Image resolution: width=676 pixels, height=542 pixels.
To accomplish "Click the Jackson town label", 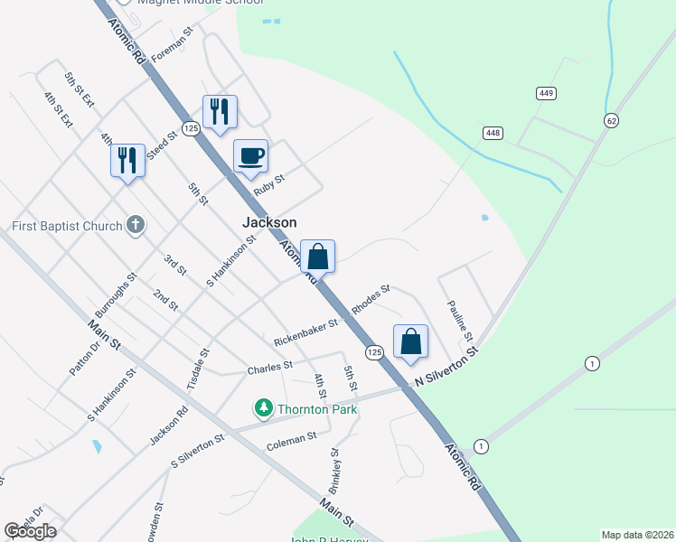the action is click(269, 222).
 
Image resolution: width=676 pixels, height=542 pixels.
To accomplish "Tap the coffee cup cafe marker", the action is click(251, 156).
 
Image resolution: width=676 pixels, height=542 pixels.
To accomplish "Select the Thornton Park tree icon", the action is click(263, 409).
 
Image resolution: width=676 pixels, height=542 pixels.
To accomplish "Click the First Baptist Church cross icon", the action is click(136, 225).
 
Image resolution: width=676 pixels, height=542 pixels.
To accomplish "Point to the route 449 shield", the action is click(546, 93).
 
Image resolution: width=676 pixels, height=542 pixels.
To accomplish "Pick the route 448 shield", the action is click(493, 133).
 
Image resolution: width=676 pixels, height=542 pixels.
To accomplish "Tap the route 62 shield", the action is click(612, 120).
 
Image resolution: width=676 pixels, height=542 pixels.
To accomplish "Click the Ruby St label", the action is click(269, 183).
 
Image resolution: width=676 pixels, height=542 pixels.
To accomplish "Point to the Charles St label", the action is click(270, 367).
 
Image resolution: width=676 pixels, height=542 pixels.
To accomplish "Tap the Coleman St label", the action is click(292, 437).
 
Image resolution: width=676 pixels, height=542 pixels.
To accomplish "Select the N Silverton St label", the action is click(446, 370).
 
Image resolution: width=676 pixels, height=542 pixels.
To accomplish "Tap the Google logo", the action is click(30, 530).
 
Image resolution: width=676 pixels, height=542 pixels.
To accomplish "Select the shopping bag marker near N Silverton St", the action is click(411, 342).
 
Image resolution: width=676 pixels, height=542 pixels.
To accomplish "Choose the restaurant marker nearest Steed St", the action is click(127, 162).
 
